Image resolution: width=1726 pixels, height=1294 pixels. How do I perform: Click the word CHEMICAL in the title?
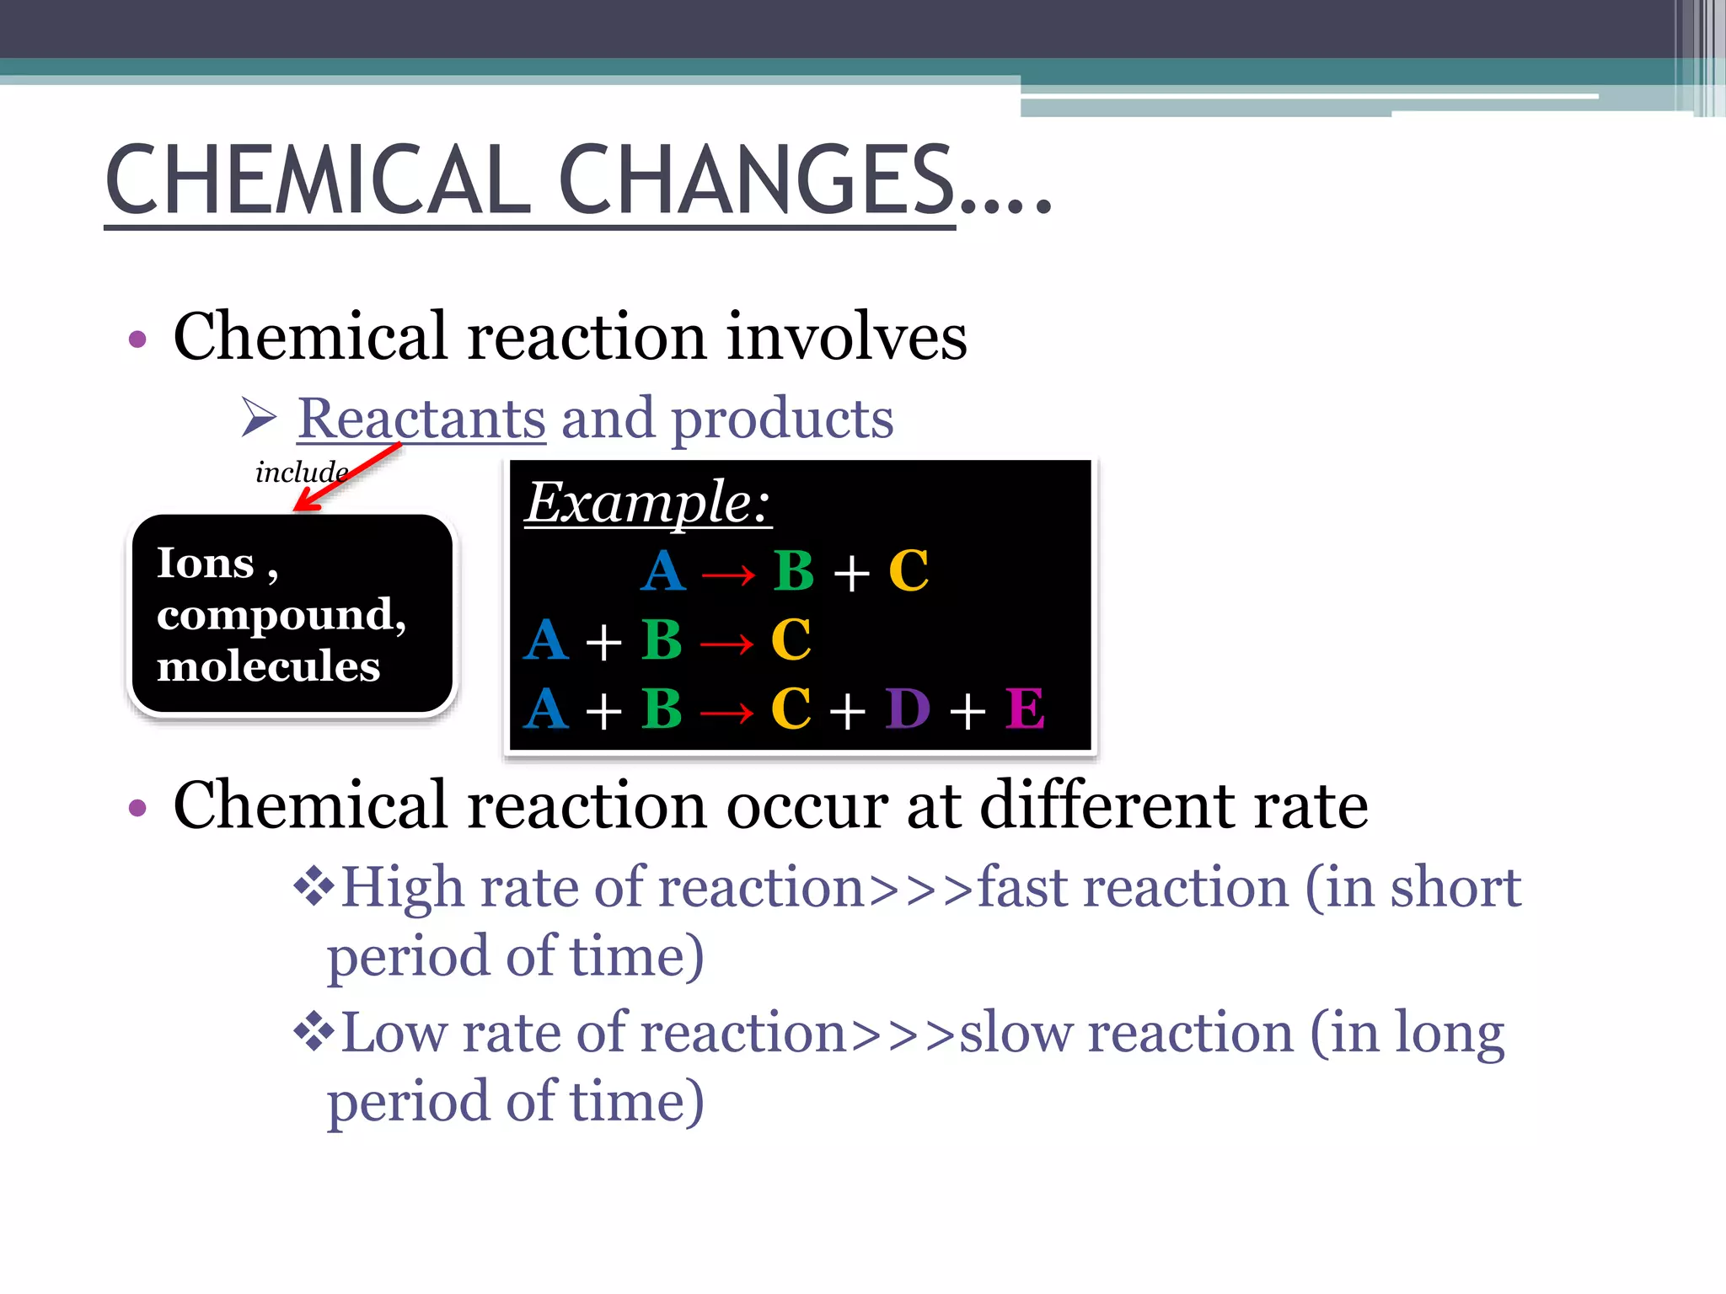(318, 179)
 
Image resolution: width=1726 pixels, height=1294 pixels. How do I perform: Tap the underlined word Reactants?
(421, 418)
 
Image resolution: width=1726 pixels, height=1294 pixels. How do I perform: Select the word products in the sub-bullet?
(782, 420)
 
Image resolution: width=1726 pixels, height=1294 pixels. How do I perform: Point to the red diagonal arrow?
(347, 476)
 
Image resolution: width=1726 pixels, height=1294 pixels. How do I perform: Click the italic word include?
(300, 472)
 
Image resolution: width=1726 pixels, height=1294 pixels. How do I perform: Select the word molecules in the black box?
(268, 666)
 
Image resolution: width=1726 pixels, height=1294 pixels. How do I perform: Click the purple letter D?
(908, 708)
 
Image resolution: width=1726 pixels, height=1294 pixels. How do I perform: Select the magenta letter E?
(1025, 708)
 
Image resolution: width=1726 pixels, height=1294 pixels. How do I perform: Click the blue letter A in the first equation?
(663, 571)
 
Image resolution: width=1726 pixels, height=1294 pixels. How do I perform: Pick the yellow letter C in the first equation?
(909, 571)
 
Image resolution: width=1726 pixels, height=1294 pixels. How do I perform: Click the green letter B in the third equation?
(662, 708)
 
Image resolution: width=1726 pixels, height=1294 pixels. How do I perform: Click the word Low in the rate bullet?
(394, 1033)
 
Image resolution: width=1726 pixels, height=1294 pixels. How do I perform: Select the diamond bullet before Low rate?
(314, 1031)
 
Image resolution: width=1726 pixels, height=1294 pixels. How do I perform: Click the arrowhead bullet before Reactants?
(259, 417)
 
